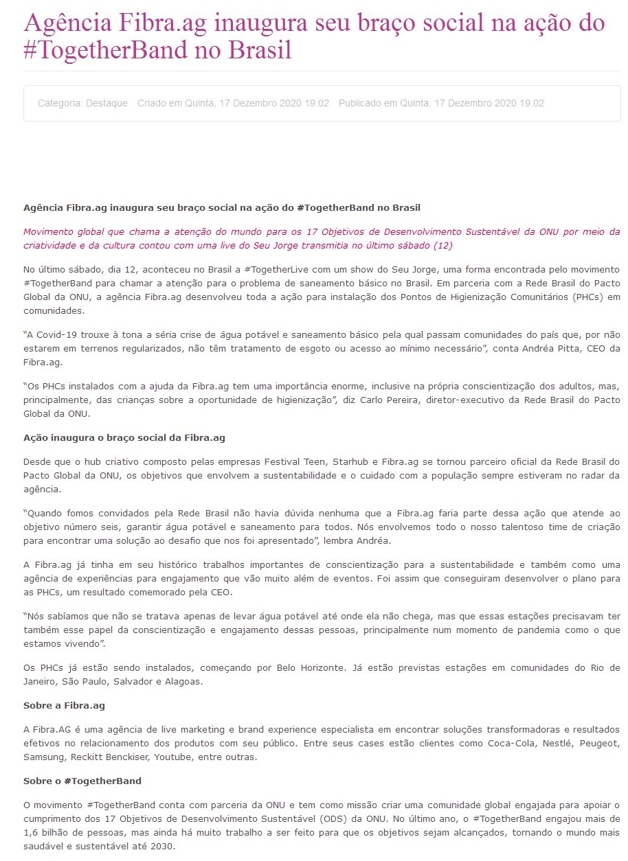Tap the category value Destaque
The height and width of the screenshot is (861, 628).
(106, 103)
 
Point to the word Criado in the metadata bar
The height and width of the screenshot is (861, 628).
(152, 103)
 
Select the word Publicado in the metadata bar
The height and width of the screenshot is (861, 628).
(359, 103)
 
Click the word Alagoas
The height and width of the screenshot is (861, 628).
(183, 681)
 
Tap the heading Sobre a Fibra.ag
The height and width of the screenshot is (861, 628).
(64, 705)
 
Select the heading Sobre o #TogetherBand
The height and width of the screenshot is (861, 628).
(82, 781)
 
